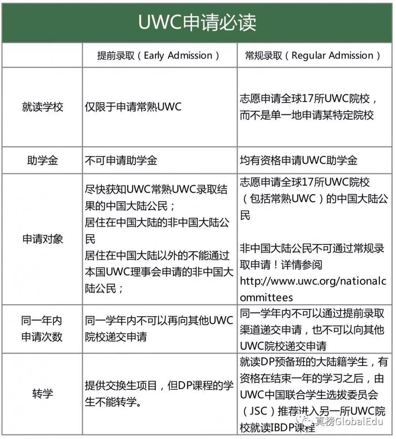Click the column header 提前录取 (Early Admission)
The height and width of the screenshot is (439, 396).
click(159, 56)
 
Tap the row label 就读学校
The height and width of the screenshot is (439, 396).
click(43, 107)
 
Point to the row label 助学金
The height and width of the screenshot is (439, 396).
click(43, 160)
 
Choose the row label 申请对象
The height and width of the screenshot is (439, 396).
click(43, 239)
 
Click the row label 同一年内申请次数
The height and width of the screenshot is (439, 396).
click(42, 329)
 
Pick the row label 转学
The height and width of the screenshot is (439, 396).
click(43, 394)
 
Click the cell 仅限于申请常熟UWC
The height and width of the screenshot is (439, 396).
click(133, 107)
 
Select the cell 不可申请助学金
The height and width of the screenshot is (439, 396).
click(121, 160)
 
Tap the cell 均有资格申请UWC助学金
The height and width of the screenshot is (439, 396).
click(298, 160)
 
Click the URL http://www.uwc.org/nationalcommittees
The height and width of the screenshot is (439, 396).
click(313, 289)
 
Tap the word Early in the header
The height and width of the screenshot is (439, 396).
click(154, 56)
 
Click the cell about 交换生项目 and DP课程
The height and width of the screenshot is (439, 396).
click(159, 394)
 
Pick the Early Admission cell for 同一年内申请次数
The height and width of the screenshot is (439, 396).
click(159, 329)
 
